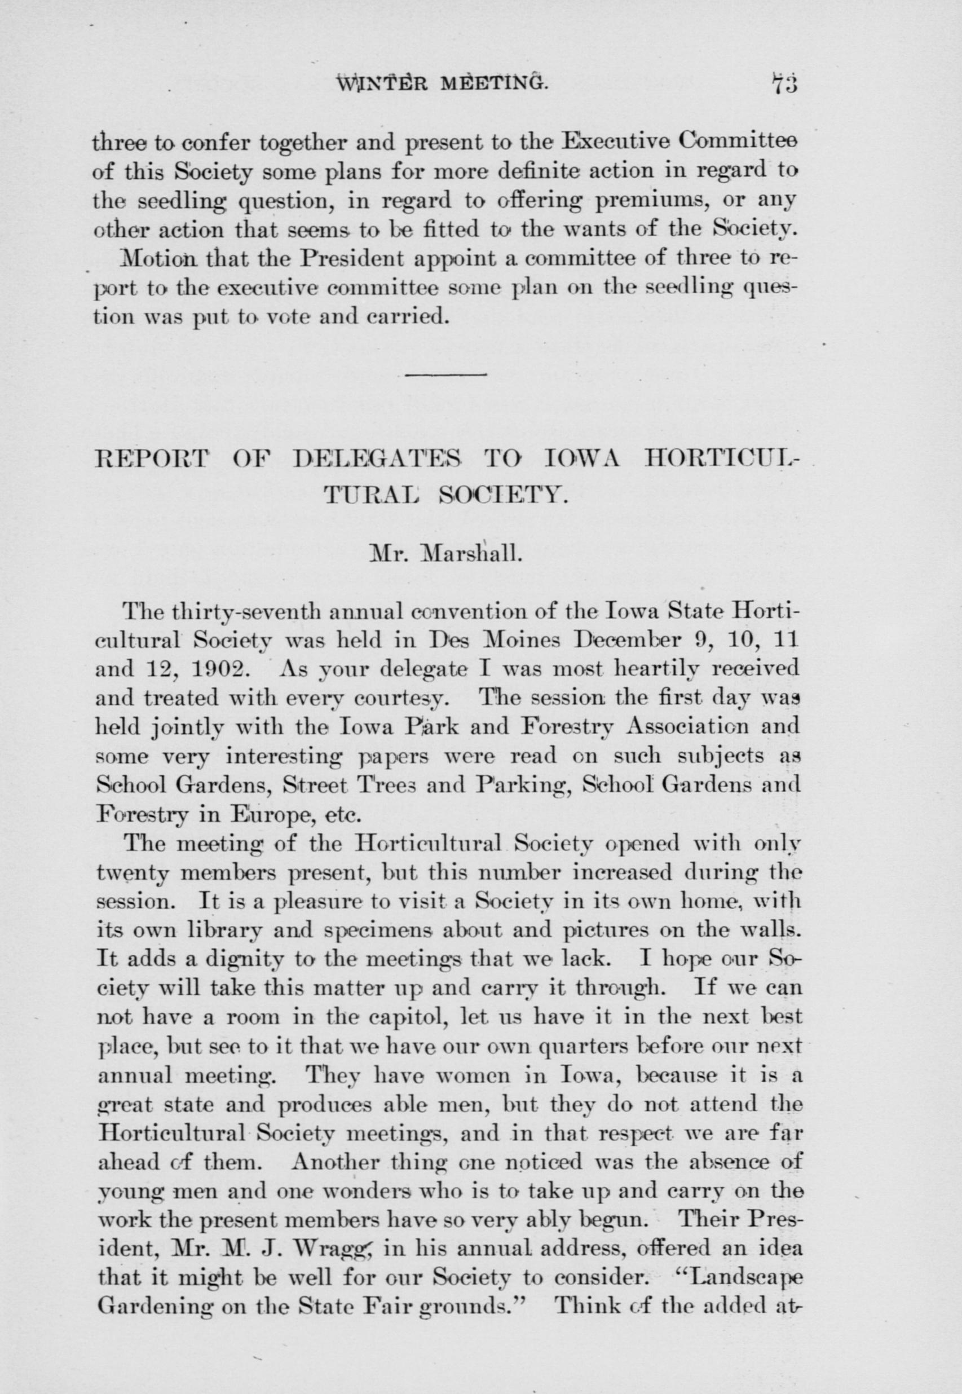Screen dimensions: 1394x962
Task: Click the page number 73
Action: (x=782, y=82)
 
